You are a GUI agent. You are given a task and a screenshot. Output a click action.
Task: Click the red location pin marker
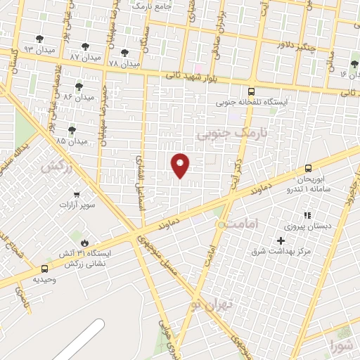(181, 165)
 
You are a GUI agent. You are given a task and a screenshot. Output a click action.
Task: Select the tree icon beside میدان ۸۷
(85, 47)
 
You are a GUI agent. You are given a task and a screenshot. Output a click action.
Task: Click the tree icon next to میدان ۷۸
(124, 53)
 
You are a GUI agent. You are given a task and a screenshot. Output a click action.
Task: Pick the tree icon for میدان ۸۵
(71, 130)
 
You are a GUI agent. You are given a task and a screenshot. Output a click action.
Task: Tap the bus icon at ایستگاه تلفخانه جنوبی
(252, 91)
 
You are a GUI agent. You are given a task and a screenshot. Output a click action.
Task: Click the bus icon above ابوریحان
(308, 168)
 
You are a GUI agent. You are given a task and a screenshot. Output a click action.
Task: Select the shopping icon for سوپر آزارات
(76, 195)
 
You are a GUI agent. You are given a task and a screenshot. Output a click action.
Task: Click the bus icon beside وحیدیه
(45, 269)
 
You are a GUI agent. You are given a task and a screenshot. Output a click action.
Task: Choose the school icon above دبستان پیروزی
(307, 216)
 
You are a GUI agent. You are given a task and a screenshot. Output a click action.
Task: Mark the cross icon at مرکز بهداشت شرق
(281, 240)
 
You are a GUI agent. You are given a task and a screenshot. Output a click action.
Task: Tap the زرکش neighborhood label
(57, 167)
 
